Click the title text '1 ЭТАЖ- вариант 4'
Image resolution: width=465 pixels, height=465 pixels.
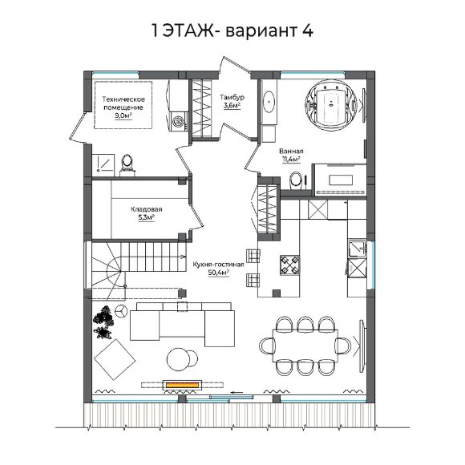pos(232,32)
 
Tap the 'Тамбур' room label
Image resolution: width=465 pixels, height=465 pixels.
pos(232,97)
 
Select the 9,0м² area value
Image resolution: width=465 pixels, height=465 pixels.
pos(123,115)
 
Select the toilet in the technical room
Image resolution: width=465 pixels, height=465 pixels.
pos(127,164)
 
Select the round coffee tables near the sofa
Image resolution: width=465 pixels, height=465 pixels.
pos(180,360)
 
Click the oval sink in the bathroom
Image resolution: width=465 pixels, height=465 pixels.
pos(270,103)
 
